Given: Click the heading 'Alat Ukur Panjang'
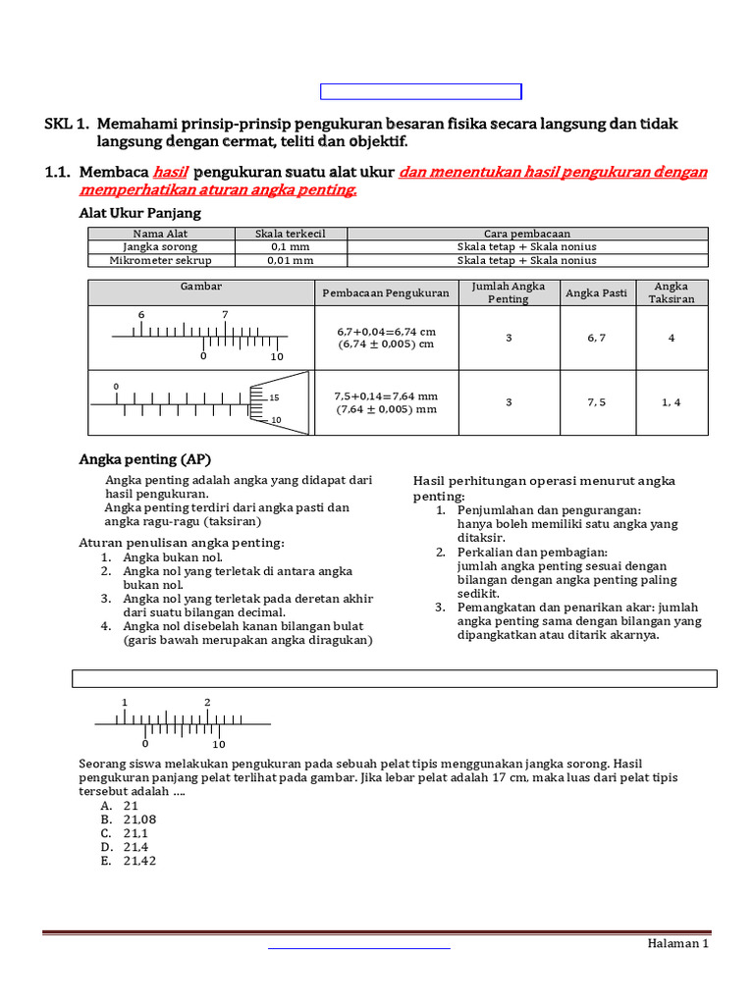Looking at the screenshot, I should click(139, 213).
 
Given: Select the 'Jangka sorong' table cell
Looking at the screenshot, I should click(160, 246).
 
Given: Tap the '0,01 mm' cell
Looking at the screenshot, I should click(291, 260).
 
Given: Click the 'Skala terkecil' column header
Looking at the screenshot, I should click(291, 234).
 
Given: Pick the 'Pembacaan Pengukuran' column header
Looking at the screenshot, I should click(386, 292).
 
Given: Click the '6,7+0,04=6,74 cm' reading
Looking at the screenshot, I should click(386, 331).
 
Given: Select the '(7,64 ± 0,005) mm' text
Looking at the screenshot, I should click(386, 409).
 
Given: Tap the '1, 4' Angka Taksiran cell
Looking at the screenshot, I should click(672, 402).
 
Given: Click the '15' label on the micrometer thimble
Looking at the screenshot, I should click(275, 397).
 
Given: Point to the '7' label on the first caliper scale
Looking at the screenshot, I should click(225, 315).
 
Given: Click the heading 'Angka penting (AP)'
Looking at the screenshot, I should click(144, 459).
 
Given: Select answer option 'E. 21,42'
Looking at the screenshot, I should click(129, 861).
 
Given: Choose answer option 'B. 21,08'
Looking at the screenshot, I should click(129, 819).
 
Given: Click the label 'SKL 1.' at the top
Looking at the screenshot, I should click(67, 125).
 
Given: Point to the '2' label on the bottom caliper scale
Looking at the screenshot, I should click(208, 703).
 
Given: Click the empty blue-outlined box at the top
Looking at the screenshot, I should click(421, 92).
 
